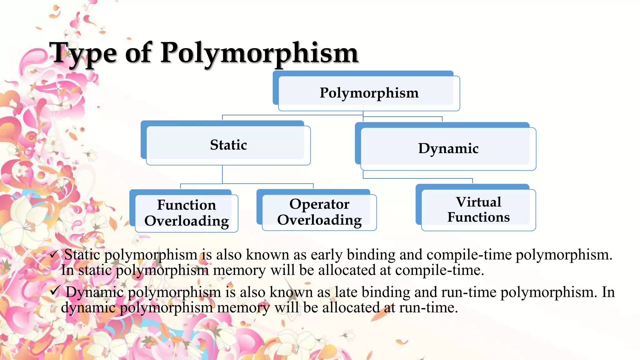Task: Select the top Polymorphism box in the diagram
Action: point(369,93)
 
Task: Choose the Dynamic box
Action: point(448,148)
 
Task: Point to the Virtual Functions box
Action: point(478,210)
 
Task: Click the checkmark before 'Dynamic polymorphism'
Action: point(55,291)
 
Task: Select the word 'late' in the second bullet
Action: point(346,292)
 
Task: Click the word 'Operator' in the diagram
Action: point(319,204)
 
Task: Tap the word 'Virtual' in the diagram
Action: point(478,202)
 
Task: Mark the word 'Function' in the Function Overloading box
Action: point(186,205)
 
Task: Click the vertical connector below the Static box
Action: point(222,174)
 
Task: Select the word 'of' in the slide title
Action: point(138,53)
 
